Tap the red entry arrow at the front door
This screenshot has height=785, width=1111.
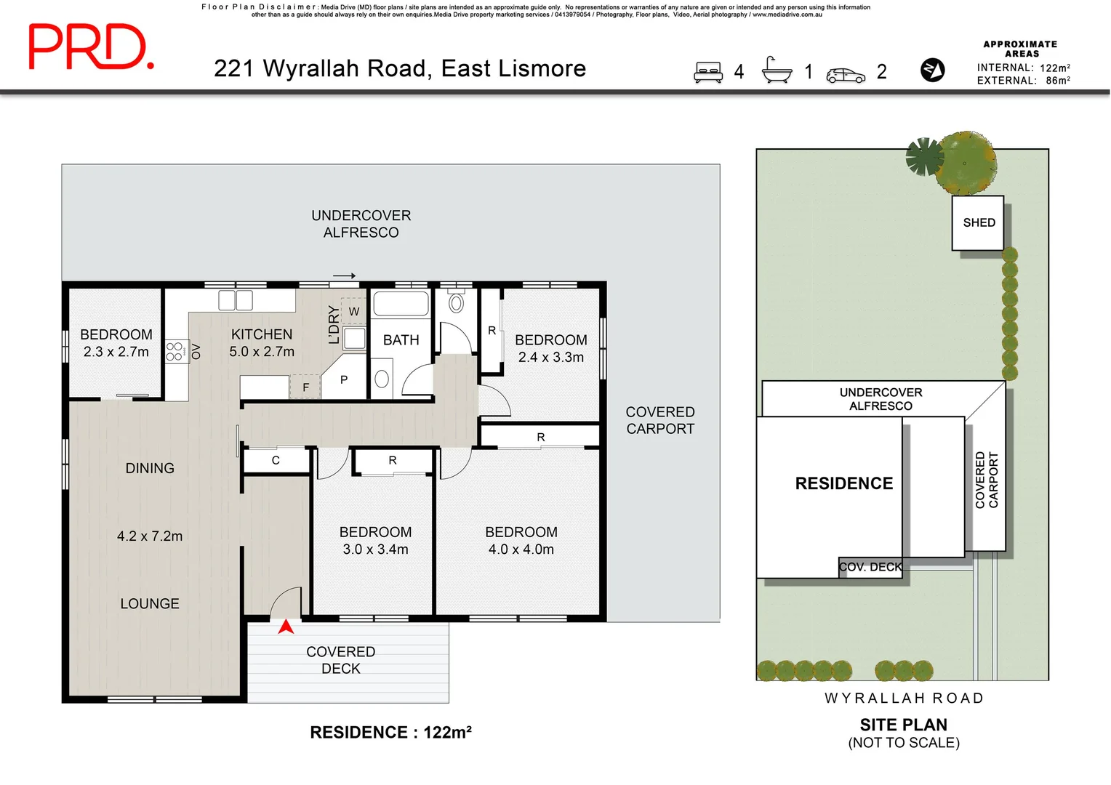[286, 627]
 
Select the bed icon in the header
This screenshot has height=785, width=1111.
[707, 72]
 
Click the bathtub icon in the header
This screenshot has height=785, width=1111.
[777, 70]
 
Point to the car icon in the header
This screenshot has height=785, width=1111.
[846, 76]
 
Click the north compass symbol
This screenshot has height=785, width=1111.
[932, 70]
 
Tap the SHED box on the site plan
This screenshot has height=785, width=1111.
[978, 222]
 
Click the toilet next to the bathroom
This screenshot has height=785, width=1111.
[457, 302]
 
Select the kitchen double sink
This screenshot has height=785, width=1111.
[236, 300]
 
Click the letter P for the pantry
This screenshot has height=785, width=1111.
[344, 380]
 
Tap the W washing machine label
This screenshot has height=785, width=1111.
[353, 311]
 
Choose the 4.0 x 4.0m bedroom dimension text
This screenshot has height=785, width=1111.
[521, 549]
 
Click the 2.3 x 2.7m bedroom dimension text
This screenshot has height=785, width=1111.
[116, 352]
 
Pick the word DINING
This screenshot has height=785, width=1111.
[150, 468]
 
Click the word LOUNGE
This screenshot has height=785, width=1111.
[150, 603]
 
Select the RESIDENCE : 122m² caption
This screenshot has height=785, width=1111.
[391, 732]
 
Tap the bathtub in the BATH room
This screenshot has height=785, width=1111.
[401, 304]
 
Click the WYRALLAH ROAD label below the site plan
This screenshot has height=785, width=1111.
[904, 699]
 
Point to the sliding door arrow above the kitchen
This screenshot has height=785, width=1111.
[344, 275]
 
